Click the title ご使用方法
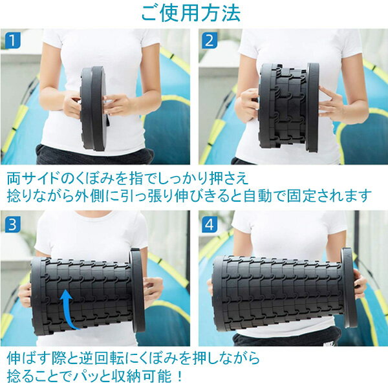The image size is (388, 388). [x=193, y=13]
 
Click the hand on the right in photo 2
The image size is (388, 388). [x=332, y=103]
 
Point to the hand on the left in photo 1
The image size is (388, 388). [x=70, y=103]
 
